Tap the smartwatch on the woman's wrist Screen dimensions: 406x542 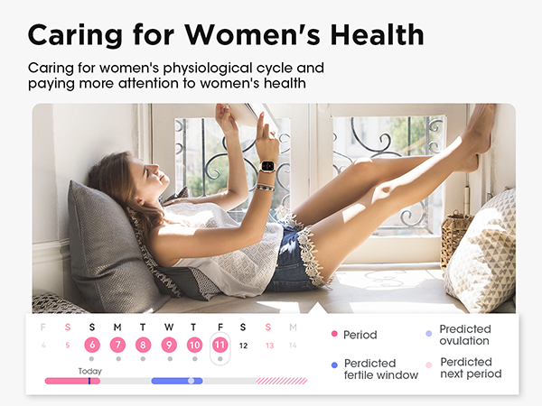tap(268, 169)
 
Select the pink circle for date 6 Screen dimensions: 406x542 tap(92, 345)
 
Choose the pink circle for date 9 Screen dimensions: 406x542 tap(168, 345)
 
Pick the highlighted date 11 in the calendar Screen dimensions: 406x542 tap(219, 345)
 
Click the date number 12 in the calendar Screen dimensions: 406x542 tap(243, 345)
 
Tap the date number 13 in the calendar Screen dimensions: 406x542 tap(268, 345)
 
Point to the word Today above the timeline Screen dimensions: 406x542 tap(89, 371)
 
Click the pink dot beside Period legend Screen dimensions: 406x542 tap(334, 335)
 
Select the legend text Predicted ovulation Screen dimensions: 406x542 tap(464, 335)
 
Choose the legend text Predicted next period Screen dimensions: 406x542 tap(470, 368)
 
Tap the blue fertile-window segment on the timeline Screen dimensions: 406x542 tap(176, 381)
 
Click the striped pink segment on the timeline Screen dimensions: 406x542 tap(281, 381)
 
